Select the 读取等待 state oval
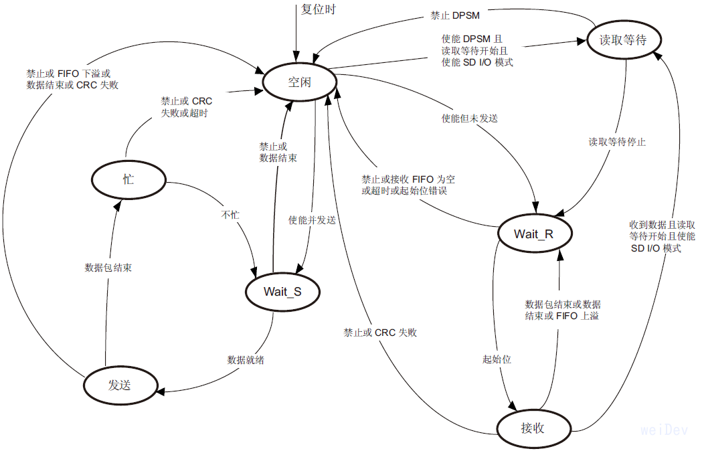625,40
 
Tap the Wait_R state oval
533,234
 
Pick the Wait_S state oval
282,291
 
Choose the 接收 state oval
533,427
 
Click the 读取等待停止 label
617,142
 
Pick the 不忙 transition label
230,215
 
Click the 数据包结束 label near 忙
108,267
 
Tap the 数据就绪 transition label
246,360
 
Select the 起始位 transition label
497,359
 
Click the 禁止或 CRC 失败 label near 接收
380,332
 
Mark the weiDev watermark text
665,430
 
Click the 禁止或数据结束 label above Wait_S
278,152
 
